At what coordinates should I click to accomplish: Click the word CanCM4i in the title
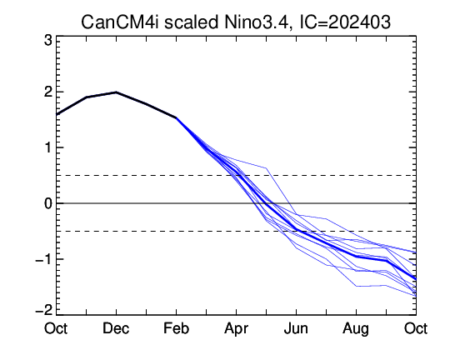point(120,22)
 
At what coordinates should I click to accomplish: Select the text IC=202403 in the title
point(345,22)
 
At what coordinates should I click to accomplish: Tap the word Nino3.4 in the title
point(256,22)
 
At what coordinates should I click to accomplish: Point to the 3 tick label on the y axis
point(48,41)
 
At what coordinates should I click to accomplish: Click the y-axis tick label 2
point(48,92)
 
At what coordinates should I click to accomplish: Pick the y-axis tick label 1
point(48,147)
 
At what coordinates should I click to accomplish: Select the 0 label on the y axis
point(48,203)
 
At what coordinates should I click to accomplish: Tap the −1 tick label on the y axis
point(43,259)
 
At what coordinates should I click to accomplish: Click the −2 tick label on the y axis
point(43,309)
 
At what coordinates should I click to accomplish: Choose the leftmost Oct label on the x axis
point(56,328)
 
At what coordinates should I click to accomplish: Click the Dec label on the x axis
point(116,328)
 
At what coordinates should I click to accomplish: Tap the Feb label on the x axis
point(176,328)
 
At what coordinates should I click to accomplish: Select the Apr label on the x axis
point(236,328)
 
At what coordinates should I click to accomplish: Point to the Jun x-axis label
point(296,328)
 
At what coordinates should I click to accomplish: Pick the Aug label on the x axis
point(356,329)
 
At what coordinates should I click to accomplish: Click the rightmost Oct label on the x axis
point(416,328)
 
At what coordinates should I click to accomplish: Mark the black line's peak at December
point(116,92)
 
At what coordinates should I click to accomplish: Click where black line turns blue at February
point(176,117)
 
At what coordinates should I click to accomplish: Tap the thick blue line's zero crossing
point(267,203)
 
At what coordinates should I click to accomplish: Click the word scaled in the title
point(192,22)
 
